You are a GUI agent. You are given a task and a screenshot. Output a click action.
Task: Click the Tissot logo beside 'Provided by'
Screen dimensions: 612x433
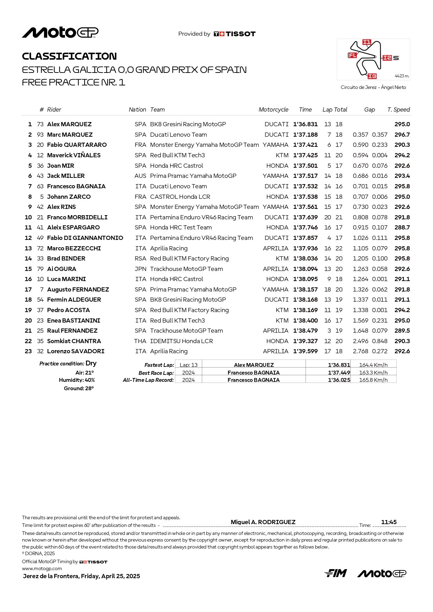(235, 34)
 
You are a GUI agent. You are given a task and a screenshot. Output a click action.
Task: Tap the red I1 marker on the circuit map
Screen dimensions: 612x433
(367, 43)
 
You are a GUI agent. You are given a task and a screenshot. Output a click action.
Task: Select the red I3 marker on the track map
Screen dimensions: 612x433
(372, 76)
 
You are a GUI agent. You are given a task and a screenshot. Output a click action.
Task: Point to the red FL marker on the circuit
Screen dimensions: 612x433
(352, 55)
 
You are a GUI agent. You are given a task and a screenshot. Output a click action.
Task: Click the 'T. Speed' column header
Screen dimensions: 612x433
(398, 109)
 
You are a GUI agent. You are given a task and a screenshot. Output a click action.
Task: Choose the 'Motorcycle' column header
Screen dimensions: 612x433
(273, 109)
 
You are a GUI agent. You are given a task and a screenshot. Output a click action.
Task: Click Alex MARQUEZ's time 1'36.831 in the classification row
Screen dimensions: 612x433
(306, 124)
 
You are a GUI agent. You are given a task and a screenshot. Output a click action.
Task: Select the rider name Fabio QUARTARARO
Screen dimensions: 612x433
(77, 145)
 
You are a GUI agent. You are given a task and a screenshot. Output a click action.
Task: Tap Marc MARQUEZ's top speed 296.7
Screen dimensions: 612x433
(402, 135)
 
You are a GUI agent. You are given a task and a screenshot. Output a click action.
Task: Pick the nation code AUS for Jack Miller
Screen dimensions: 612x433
(140, 176)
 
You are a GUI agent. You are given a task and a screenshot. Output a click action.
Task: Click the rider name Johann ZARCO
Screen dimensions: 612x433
(69, 197)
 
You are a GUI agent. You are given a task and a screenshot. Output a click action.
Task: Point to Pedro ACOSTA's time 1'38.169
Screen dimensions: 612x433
(306, 310)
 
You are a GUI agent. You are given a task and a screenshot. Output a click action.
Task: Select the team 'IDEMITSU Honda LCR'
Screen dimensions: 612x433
(182, 341)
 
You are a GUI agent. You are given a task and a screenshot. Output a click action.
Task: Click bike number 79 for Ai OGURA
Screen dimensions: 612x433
(40, 269)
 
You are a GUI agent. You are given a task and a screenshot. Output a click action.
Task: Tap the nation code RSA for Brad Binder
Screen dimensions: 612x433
(140, 258)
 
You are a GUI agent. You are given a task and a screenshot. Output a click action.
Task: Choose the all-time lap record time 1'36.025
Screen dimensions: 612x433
(339, 380)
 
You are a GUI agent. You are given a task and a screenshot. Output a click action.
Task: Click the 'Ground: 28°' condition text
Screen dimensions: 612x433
(79, 388)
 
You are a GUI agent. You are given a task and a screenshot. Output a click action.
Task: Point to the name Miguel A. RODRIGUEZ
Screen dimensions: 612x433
(263, 522)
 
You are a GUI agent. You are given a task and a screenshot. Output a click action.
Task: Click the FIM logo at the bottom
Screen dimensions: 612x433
(336, 573)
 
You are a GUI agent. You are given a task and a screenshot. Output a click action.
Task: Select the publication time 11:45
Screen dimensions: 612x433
(389, 522)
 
